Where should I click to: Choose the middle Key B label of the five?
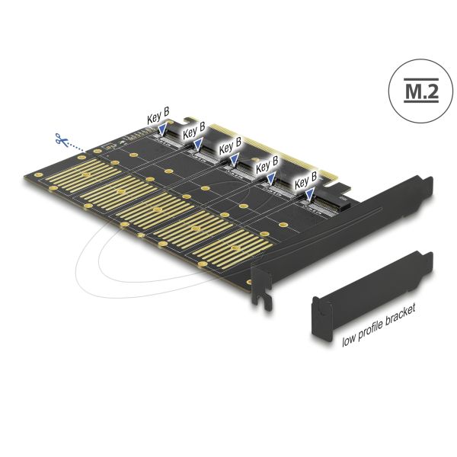(x=230, y=142)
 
